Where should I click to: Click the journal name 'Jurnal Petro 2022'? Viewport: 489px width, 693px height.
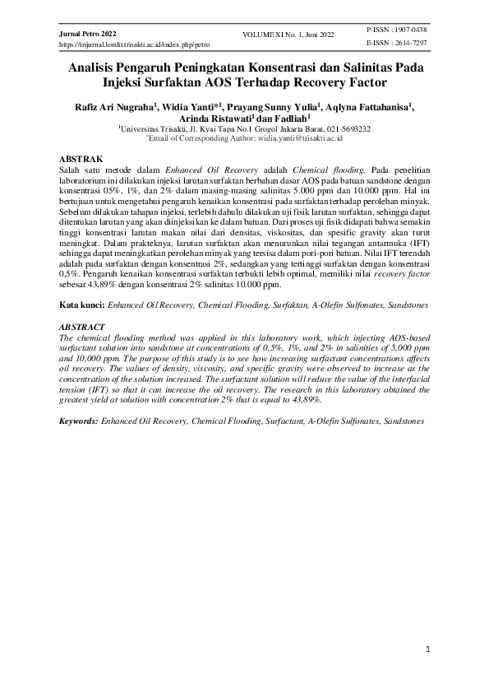coord(87,31)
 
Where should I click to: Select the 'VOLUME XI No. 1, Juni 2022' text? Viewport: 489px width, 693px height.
coord(290,34)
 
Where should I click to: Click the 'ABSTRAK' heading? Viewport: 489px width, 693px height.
coord(81,157)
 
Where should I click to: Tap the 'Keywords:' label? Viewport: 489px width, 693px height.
coord(81,421)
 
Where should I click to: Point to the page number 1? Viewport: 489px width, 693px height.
coord(428,649)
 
